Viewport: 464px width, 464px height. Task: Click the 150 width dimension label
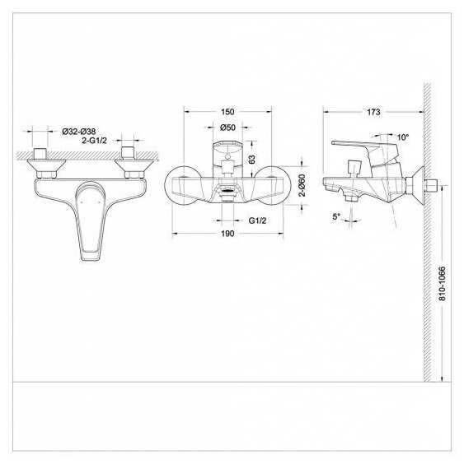pos(227,112)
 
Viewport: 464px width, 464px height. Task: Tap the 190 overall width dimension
pos(227,234)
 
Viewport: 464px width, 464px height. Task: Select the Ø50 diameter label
pos(227,128)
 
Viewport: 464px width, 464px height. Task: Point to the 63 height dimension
pos(251,160)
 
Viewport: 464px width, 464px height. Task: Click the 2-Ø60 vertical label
pos(302,185)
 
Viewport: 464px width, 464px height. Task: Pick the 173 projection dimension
pos(373,112)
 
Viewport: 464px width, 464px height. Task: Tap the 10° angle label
pos(403,137)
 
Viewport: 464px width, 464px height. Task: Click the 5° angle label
pos(336,216)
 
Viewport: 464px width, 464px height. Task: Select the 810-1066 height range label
pos(442,284)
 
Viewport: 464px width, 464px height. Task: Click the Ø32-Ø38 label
pos(79,132)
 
